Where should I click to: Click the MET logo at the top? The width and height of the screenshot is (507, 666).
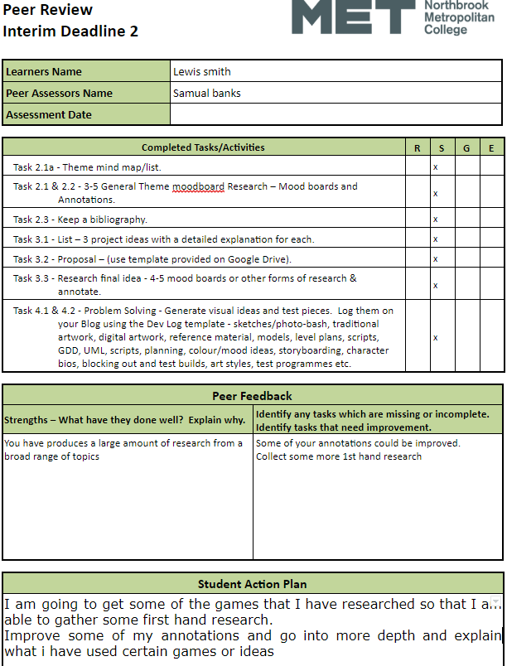(353, 17)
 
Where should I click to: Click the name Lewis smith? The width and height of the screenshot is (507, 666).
(201, 71)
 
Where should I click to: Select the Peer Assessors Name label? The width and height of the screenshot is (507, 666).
(59, 94)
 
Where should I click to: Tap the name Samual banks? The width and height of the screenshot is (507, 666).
(206, 94)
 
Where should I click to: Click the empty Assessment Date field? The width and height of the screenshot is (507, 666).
(336, 114)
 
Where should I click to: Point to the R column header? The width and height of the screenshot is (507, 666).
(417, 147)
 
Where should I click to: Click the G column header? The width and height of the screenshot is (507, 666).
(466, 147)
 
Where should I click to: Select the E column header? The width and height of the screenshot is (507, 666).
(491, 147)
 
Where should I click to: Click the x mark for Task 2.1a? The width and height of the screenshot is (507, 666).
(435, 166)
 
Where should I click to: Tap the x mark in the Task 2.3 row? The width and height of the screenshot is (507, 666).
(435, 220)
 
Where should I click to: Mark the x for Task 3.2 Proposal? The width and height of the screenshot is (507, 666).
(435, 259)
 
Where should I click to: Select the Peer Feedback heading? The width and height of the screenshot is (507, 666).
(252, 396)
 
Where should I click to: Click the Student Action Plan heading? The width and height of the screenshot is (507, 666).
(252, 583)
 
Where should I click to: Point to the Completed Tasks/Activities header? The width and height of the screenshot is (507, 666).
(203, 147)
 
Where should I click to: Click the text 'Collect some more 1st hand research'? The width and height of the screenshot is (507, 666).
(338, 456)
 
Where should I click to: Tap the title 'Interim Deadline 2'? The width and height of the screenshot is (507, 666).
(70, 31)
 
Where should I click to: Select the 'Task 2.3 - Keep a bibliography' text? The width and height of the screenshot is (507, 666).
(80, 220)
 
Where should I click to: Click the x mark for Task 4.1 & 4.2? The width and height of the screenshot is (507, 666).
(435, 338)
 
